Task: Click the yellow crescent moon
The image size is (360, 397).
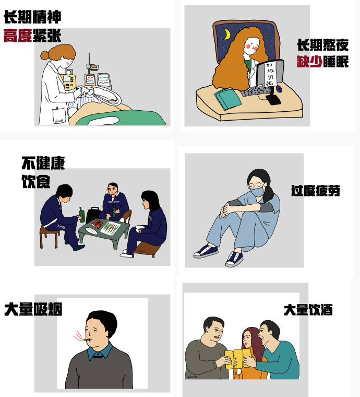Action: click(227, 35)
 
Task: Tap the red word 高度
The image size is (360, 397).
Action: click(18, 36)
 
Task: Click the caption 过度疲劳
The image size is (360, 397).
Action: click(315, 191)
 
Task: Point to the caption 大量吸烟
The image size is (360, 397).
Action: click(33, 309)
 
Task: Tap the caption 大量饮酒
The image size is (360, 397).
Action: click(308, 309)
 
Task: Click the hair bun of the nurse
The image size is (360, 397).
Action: click(45, 54)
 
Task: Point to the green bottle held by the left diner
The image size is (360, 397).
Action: click(81, 215)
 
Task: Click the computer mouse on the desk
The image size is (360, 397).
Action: click(279, 89)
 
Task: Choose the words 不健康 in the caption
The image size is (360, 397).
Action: click(43, 163)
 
